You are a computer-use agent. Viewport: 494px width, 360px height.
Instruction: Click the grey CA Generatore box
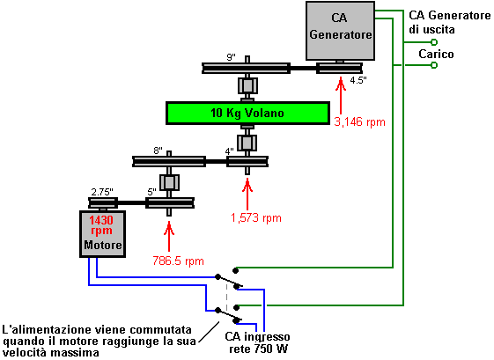(340, 31)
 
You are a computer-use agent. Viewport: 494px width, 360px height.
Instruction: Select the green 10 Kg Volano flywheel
(247, 113)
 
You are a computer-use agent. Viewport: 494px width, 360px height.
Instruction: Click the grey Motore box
(103, 234)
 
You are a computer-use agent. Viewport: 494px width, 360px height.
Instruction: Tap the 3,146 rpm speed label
(360, 121)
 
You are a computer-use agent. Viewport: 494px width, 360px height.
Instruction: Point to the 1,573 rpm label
(256, 217)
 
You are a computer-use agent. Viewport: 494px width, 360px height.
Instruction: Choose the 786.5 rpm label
(179, 261)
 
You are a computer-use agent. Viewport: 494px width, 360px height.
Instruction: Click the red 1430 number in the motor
(101, 220)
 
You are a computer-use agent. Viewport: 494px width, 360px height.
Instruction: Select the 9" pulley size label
(232, 57)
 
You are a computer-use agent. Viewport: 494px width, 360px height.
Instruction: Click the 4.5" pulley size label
(358, 80)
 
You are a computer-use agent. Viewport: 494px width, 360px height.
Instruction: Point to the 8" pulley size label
(159, 151)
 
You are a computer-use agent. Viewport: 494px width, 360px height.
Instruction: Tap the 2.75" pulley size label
(102, 192)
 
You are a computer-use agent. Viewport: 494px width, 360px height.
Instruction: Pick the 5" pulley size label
(151, 192)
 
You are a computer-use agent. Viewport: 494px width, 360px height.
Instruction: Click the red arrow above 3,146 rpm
(340, 95)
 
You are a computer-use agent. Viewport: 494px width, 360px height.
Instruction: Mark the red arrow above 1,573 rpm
(247, 194)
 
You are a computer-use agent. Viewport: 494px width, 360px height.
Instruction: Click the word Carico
(436, 55)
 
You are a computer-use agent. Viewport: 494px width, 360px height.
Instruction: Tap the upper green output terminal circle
(434, 42)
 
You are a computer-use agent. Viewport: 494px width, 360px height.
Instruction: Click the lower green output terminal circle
(434, 65)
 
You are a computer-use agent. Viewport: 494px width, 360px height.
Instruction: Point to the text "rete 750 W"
(258, 349)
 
